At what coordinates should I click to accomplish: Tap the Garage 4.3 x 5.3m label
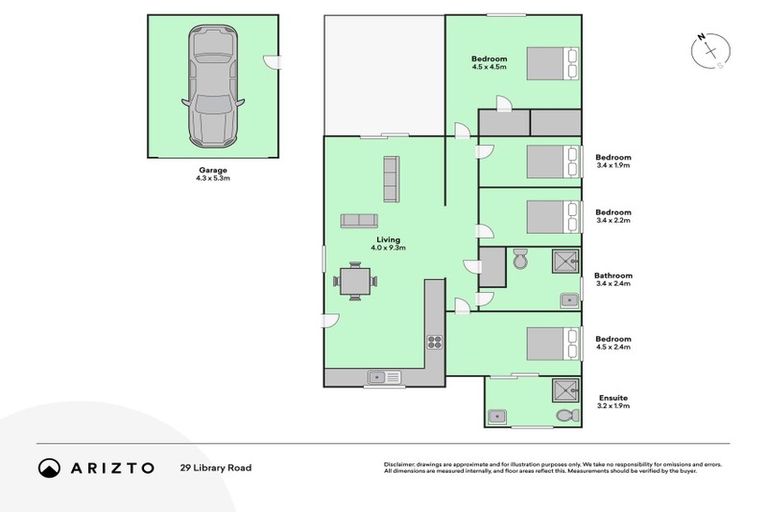212,174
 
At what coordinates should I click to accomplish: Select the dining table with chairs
356,281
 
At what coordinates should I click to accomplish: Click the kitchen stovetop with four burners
435,341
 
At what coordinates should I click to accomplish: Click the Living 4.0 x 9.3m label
390,243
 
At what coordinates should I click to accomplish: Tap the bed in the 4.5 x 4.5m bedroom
552,63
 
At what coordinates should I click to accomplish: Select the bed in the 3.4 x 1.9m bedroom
553,161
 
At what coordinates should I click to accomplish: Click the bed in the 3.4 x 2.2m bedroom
553,216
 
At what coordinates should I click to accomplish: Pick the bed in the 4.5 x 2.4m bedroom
553,343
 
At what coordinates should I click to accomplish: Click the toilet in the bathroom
519,262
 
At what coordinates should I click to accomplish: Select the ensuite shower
565,390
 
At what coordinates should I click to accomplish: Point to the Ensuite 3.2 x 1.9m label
613,402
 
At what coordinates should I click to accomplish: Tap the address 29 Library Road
215,467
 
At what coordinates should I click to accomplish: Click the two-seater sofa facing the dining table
359,221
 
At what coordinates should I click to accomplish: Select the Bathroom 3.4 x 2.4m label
613,279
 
